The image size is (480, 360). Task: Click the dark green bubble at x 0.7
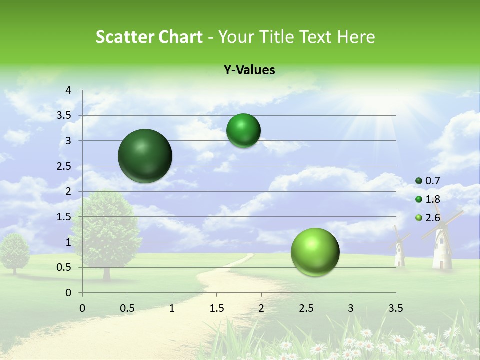[145, 156]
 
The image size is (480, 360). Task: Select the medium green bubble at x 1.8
[243, 131]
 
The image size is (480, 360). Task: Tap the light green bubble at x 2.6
[315, 251]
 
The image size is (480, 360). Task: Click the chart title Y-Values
[249, 70]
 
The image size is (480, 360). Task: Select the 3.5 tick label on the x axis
[395, 308]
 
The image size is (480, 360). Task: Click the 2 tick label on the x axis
[261, 308]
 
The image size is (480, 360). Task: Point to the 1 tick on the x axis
[172, 308]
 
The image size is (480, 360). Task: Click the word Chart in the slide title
[181, 37]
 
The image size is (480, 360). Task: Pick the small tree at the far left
[14, 252]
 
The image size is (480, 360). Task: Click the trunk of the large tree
[107, 272]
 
